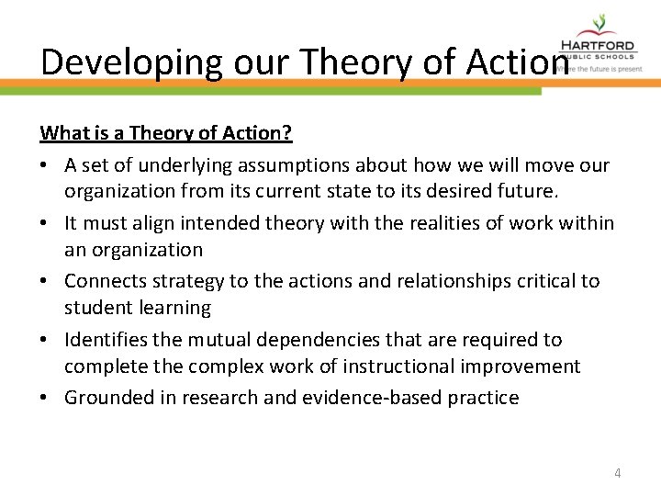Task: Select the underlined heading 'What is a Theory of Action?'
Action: [166, 133]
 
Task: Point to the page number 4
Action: [617, 473]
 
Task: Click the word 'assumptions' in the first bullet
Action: [284, 164]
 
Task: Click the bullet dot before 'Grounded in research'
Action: [45, 398]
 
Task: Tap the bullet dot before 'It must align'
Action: [45, 223]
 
